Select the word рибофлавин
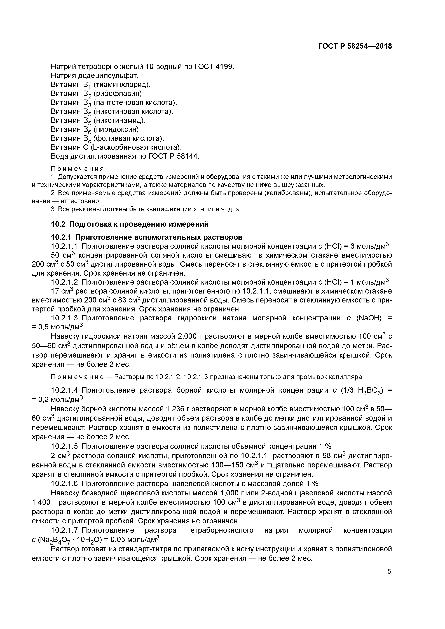point(118,94)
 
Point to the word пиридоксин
point(117,129)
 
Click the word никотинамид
point(120,120)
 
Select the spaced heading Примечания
point(78,169)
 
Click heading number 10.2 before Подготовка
point(58,224)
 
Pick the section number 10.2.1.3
point(65,318)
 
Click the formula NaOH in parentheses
point(370,318)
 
